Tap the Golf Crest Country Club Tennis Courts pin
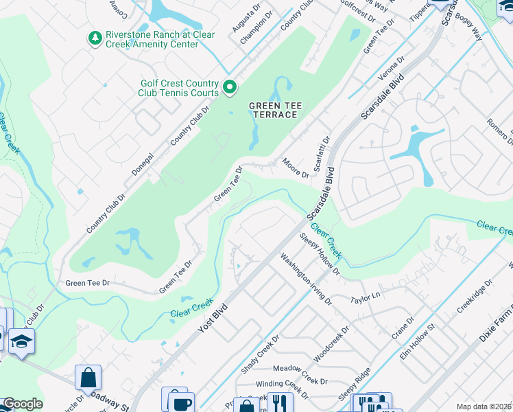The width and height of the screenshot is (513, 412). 230,87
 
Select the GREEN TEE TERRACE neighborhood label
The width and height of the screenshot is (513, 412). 273,110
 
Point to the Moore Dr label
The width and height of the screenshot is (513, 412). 296,167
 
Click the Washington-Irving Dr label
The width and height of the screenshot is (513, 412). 306,279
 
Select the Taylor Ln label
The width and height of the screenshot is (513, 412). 365,298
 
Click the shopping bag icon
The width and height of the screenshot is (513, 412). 88,377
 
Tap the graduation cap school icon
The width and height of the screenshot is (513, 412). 21,341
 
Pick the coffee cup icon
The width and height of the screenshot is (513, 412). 182,402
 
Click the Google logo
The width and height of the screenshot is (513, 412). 23,404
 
